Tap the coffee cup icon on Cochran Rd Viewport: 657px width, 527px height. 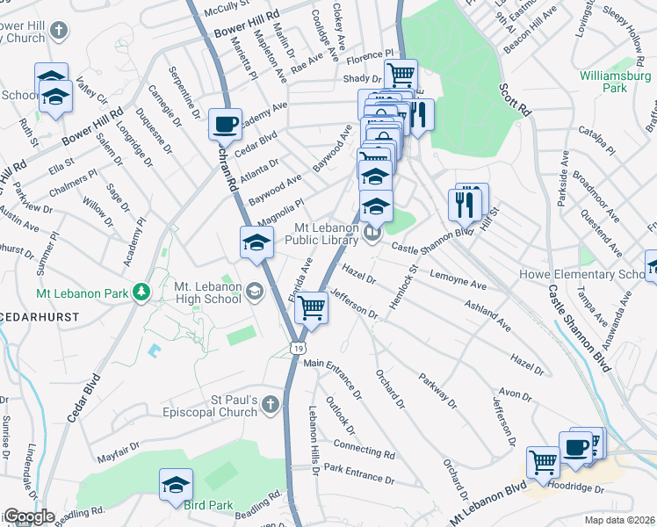tap(225, 124)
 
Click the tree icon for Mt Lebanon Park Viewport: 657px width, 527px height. tap(140, 292)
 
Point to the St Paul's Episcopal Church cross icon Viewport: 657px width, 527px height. tap(271, 405)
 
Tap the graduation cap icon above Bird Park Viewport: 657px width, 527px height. tap(176, 484)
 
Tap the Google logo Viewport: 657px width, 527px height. tap(28, 517)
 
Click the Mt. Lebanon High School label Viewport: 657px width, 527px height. tap(207, 292)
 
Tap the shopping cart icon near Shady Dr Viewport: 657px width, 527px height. tap(401, 75)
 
